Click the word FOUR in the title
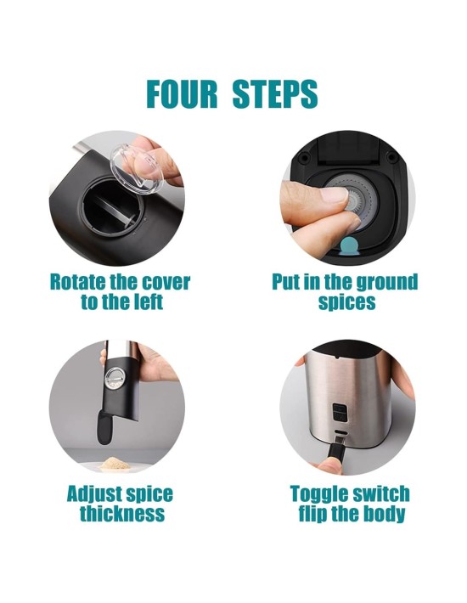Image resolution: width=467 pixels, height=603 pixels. click(182, 93)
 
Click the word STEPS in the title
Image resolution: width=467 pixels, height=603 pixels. click(275, 93)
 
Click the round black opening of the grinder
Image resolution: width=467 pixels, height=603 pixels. click(111, 206)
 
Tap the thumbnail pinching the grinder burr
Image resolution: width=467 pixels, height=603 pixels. click(334, 195)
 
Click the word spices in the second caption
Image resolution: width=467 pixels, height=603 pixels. click(346, 302)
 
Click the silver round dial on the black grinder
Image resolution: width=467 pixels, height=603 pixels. click(115, 377)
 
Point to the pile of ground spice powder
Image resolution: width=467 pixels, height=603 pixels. click(115, 464)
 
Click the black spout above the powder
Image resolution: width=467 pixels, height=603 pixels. click(104, 427)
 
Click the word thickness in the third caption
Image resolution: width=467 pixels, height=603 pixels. click(122, 513)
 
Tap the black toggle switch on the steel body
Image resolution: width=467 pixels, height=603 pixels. click(339, 412)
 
